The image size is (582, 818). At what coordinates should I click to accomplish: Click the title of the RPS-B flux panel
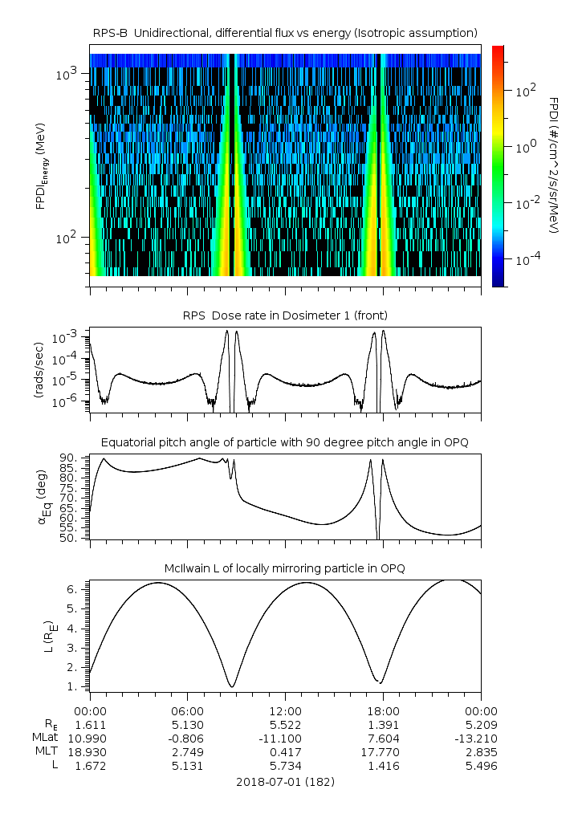click(x=285, y=32)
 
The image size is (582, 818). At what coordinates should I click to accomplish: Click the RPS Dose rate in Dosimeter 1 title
click(x=285, y=315)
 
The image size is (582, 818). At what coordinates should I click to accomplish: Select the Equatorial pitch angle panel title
click(x=285, y=442)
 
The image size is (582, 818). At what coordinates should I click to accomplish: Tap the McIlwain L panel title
click(x=285, y=568)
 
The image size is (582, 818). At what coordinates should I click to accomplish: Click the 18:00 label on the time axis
click(x=383, y=711)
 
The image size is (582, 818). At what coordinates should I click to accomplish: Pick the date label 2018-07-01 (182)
click(x=285, y=781)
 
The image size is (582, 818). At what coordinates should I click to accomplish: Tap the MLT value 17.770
click(x=383, y=752)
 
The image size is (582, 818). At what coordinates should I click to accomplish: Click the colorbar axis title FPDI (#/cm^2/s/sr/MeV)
click(x=554, y=165)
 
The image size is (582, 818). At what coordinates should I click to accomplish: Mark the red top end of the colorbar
click(x=498, y=50)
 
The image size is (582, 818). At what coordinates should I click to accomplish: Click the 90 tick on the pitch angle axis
click(x=73, y=458)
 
